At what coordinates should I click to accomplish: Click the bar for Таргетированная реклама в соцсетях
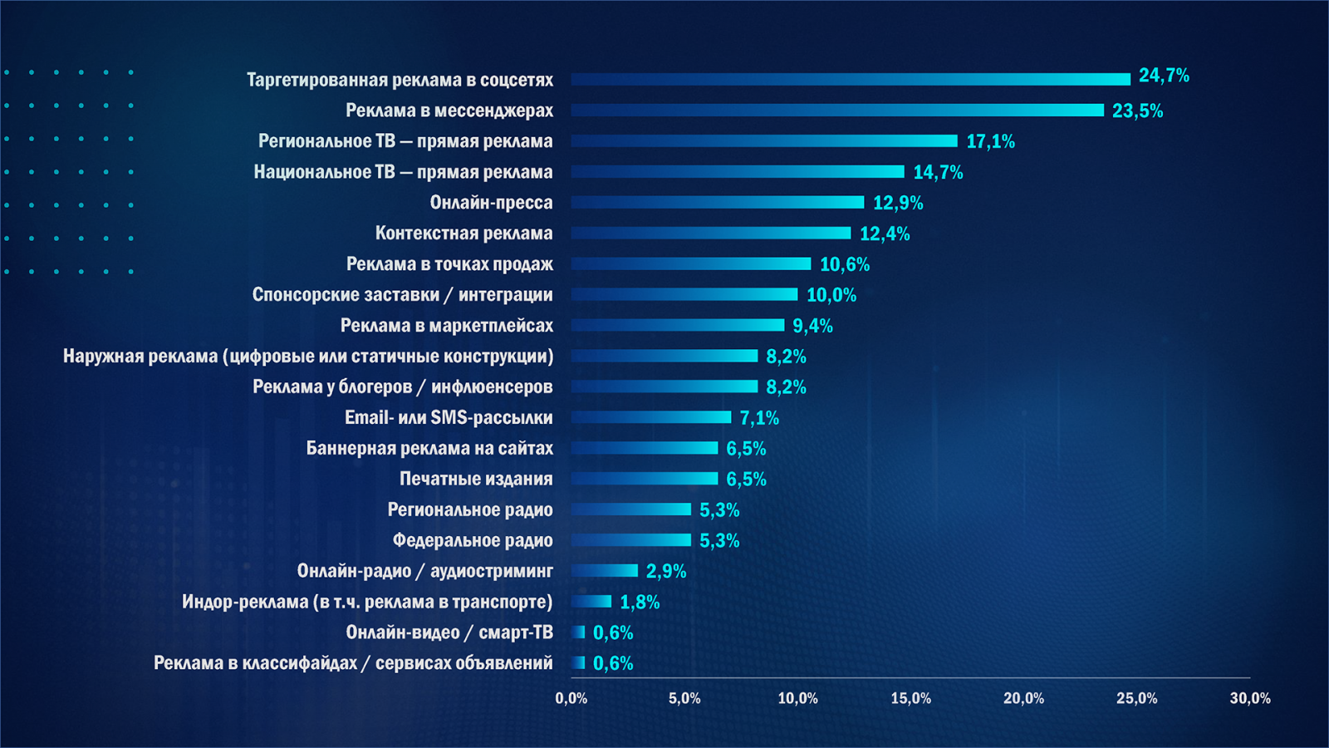851,79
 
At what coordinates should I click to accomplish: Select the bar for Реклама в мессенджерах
837,110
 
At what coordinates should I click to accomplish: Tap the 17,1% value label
990,141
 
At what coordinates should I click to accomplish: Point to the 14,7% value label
938,172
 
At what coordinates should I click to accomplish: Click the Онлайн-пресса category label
491,203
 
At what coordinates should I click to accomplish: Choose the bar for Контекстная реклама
711,233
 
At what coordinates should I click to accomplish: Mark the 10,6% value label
845,264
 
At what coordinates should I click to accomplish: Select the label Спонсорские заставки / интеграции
402,295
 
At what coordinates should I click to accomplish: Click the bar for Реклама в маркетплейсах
678,325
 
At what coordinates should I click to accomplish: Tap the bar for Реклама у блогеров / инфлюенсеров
664,386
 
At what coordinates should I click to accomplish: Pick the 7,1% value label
759,418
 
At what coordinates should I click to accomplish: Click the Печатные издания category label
476,479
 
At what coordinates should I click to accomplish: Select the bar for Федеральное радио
631,540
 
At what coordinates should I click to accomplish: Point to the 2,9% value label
666,571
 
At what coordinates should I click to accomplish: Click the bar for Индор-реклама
591,601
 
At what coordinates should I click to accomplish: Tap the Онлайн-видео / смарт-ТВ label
449,632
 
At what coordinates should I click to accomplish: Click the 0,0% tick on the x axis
571,698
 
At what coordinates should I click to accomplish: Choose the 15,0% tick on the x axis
910,698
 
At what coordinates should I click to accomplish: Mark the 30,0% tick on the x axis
1250,698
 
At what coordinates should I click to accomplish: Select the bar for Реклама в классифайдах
578,662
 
